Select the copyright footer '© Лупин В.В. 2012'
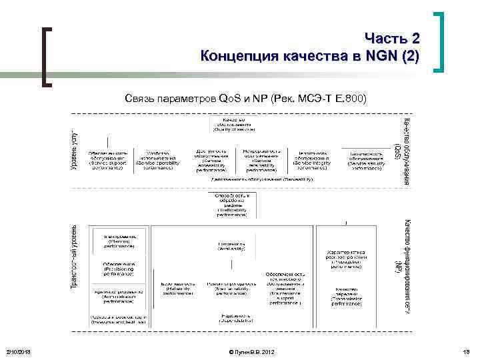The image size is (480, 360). [250, 351]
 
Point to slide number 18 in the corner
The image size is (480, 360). [467, 351]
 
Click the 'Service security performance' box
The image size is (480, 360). [365, 160]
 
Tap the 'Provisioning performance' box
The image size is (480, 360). [119, 268]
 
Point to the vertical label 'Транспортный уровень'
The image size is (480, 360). [75, 256]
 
